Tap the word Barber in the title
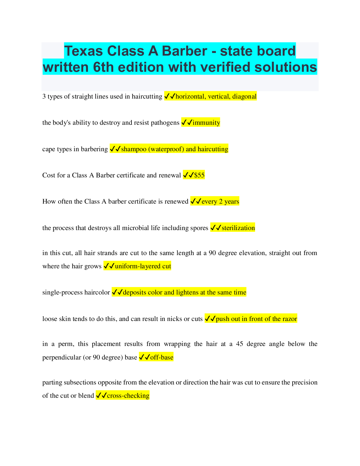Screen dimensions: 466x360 [184, 51]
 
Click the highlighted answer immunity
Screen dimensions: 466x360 [206, 123]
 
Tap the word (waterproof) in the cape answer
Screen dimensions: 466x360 [166, 149]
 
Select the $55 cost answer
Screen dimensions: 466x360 [199, 175]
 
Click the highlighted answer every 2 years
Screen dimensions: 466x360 [220, 202]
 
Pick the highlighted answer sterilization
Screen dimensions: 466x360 [238, 228]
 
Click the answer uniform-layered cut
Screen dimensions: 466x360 [143, 266]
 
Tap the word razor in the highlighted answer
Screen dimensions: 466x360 [290, 319]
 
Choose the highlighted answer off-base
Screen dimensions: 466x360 [162, 357]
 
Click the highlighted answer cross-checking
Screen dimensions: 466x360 [128, 396]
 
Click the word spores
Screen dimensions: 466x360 [199, 228]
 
